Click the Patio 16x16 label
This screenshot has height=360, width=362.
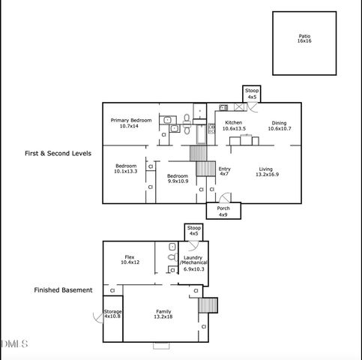coord(304,37)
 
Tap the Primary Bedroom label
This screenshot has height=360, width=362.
coord(131,124)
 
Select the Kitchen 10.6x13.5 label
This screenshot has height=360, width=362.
coord(234,125)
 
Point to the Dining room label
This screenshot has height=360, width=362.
coord(279,126)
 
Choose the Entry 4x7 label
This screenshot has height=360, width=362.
coord(224,172)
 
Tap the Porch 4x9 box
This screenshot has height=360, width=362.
coord(223,211)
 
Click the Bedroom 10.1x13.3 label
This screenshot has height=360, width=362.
coord(126,169)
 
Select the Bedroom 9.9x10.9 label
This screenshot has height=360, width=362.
coord(178,178)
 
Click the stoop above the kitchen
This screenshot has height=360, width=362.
coord(252,94)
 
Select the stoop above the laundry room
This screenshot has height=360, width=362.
coord(193,231)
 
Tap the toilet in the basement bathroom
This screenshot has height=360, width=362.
coord(172,260)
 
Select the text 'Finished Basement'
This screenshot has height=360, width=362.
coord(64,289)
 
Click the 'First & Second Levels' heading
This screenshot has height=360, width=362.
coord(58,152)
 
